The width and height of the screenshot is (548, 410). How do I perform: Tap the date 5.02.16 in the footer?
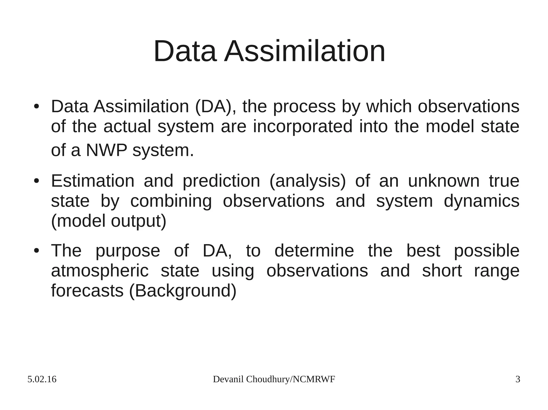(x=42, y=380)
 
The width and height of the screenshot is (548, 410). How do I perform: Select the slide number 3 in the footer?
(x=518, y=380)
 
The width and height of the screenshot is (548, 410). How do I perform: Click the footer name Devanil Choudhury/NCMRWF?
(x=274, y=380)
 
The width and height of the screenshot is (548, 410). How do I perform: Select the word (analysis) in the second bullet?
(x=308, y=181)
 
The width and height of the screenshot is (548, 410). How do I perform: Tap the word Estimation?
(x=93, y=181)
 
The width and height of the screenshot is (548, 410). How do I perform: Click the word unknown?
(x=444, y=181)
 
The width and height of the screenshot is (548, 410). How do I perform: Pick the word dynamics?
(x=481, y=201)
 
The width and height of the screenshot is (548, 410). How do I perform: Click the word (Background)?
(x=183, y=291)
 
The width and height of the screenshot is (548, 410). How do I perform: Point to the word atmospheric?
(x=100, y=271)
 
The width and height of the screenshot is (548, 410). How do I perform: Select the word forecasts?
(x=87, y=291)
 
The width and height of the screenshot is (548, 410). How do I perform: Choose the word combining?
(x=171, y=201)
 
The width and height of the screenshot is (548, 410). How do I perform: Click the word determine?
(x=314, y=251)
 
